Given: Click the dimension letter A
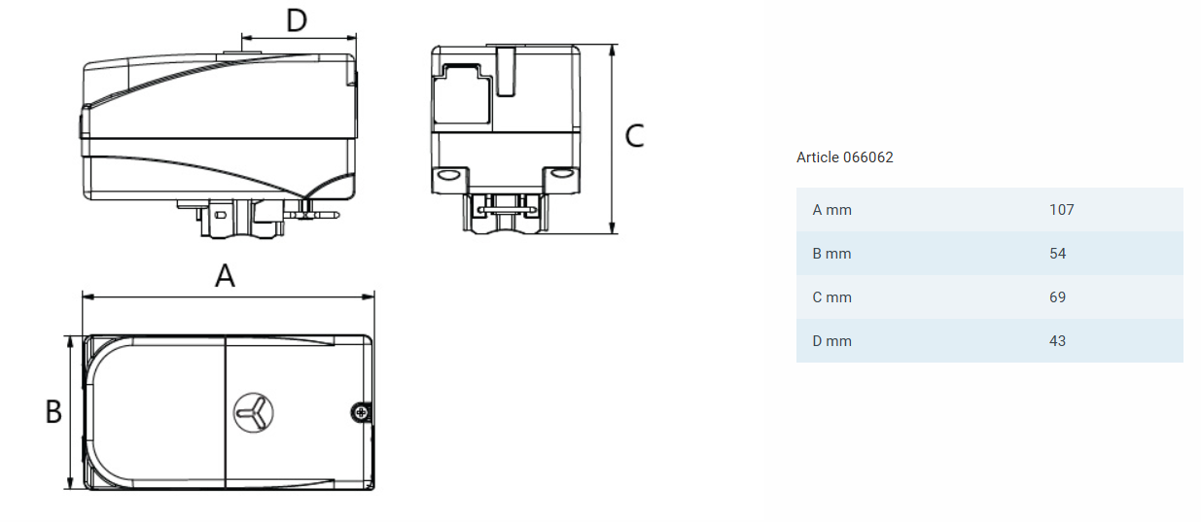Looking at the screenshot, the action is click(x=225, y=276).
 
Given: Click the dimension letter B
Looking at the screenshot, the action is click(x=53, y=412).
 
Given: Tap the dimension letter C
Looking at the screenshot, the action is click(x=634, y=135).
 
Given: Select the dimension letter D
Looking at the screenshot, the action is click(x=297, y=20).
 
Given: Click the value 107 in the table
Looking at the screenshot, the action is click(x=1062, y=210).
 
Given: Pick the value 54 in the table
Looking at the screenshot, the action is click(x=1057, y=254).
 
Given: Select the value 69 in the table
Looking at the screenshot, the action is click(x=1057, y=297).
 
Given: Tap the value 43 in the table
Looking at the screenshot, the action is click(x=1057, y=341).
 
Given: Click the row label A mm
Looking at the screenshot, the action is click(x=831, y=210).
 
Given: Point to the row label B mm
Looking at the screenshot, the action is click(x=831, y=254).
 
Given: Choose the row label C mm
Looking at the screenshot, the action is click(x=831, y=297).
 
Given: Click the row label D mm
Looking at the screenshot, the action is click(x=831, y=341).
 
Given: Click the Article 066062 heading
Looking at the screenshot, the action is click(x=844, y=157).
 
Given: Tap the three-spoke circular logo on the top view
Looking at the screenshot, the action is click(x=254, y=413).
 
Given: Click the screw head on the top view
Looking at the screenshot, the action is click(x=361, y=413).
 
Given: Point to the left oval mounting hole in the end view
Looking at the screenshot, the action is click(x=447, y=175).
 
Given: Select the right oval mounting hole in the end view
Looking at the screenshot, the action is click(x=562, y=174).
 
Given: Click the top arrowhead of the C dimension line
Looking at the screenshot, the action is click(x=613, y=50).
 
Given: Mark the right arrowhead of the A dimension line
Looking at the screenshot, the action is click(x=369, y=296).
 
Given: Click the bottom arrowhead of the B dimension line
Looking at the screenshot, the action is click(x=70, y=483).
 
